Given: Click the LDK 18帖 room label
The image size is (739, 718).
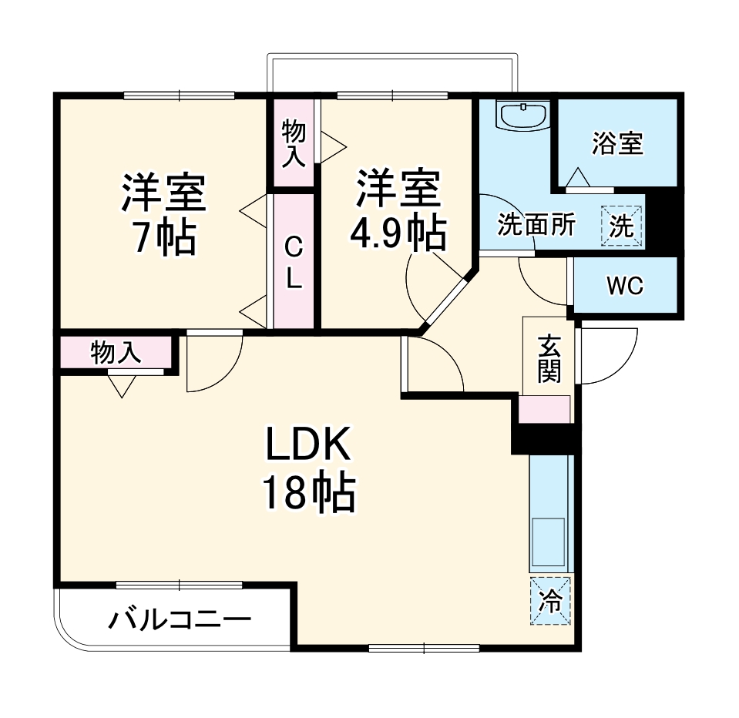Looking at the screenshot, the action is coord(309,468).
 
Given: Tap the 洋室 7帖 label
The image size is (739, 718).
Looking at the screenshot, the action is coord(163,215).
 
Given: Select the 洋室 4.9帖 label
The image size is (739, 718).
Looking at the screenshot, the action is coord(398,210).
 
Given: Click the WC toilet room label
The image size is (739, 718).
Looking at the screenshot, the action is coord(625,286).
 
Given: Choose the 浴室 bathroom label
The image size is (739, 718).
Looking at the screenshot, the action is coord(617,143).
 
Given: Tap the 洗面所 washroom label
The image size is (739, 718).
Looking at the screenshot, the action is coord(536,224).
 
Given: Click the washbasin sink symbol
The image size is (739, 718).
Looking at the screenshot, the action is coord(523,116).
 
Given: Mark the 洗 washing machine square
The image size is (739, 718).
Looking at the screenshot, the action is coord(621,226).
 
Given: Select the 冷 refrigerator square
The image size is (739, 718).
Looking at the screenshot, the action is coord(550,601).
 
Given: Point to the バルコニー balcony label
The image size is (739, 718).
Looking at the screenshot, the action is coord(180,620).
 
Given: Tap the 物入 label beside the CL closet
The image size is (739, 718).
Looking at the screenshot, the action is coord(294,144).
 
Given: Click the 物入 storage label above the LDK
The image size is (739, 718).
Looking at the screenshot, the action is coord(116,352).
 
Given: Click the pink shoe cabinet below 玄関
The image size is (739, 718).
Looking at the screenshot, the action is coord(544,409).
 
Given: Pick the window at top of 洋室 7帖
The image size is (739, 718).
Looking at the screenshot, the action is coord(179,96).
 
